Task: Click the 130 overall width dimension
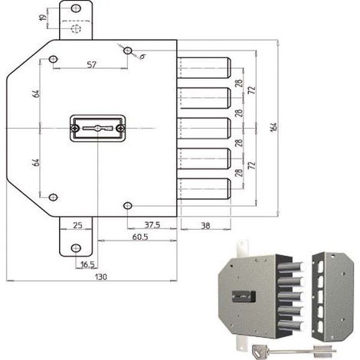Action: [x=101, y=277]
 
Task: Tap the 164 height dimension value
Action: [x=273, y=127]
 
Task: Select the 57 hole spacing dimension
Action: [x=91, y=64]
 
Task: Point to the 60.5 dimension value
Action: [x=140, y=237]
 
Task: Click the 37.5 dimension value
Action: [x=152, y=224]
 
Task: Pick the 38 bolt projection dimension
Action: [x=205, y=225]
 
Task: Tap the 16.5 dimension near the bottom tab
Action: [x=87, y=265]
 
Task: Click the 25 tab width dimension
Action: [x=77, y=225]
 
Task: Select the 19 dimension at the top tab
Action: [x=43, y=18]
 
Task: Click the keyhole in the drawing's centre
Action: [x=98, y=128]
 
